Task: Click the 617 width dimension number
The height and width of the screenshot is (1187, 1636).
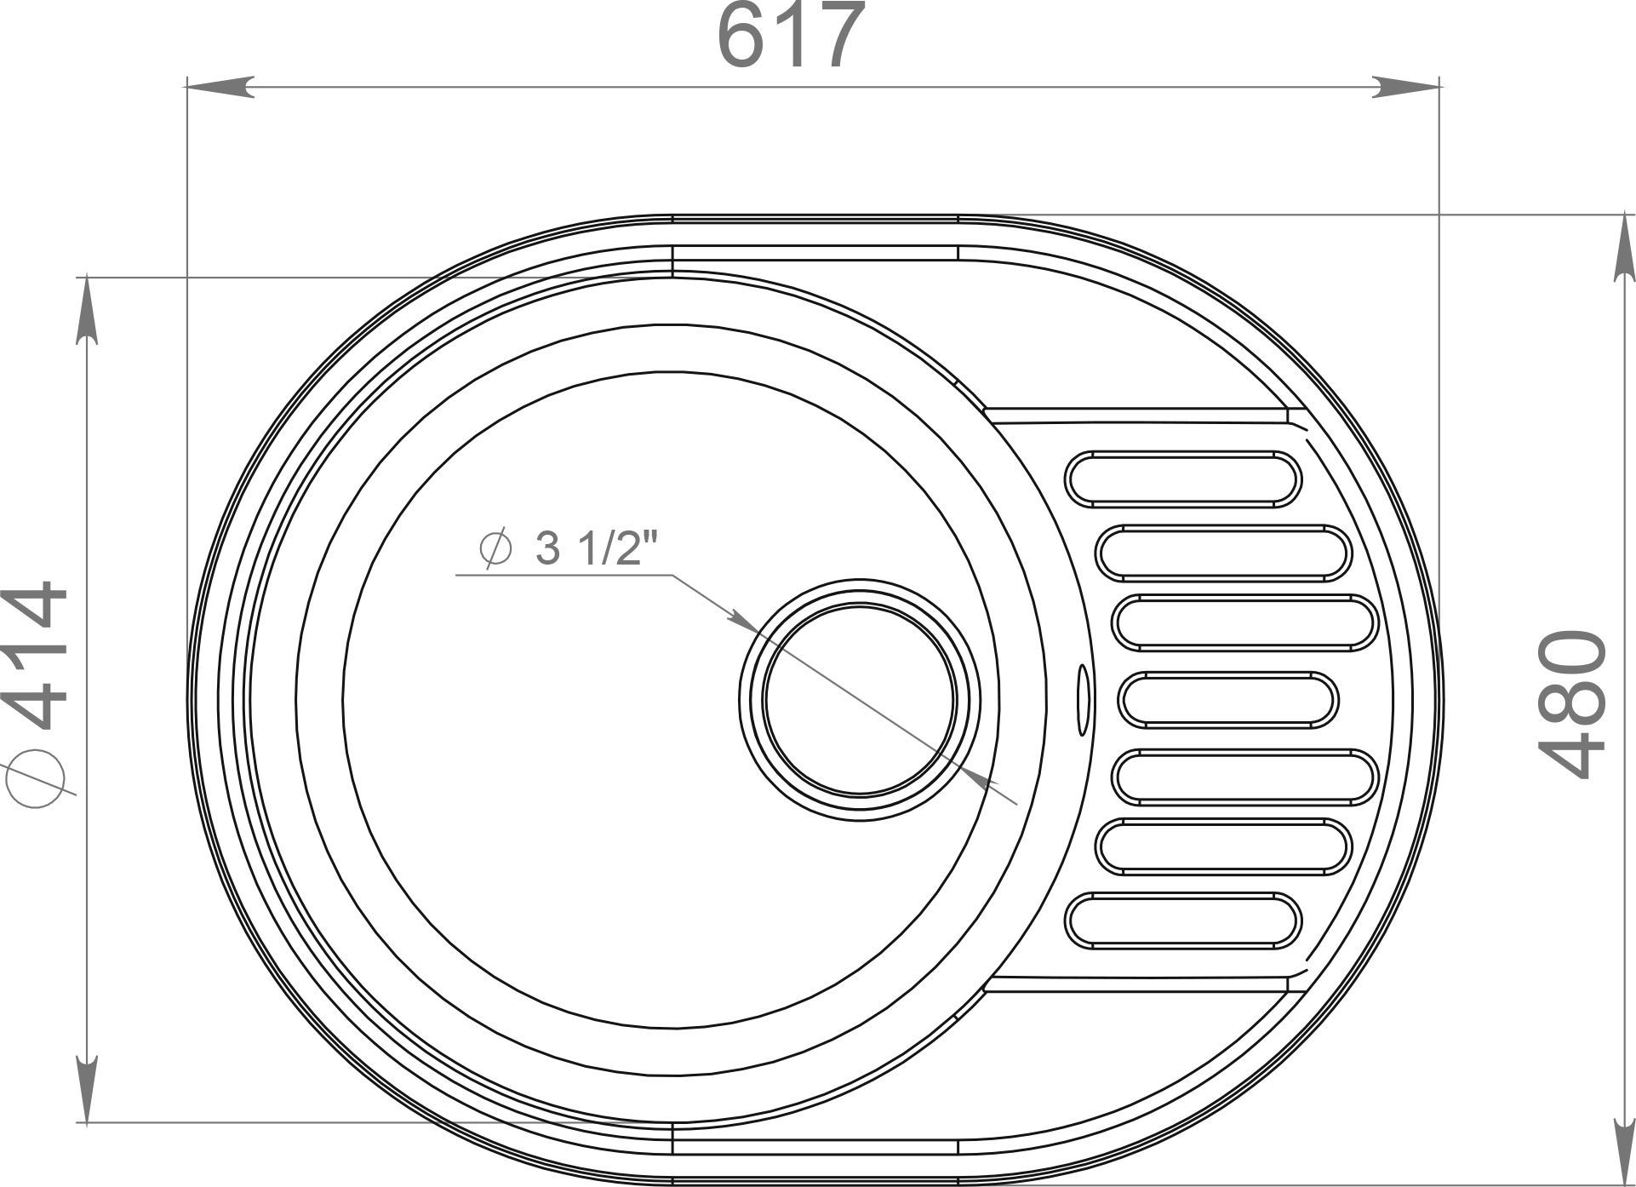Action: (791, 35)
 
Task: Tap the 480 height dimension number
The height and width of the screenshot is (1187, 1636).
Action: (1572, 704)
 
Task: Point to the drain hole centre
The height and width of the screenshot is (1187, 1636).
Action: (859, 699)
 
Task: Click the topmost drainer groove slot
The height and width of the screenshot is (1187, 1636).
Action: (1184, 479)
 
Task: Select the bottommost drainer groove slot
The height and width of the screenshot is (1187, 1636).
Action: (1184, 920)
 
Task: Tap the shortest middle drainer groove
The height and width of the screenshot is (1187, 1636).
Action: (1227, 700)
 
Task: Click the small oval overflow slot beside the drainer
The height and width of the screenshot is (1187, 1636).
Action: (1083, 700)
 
